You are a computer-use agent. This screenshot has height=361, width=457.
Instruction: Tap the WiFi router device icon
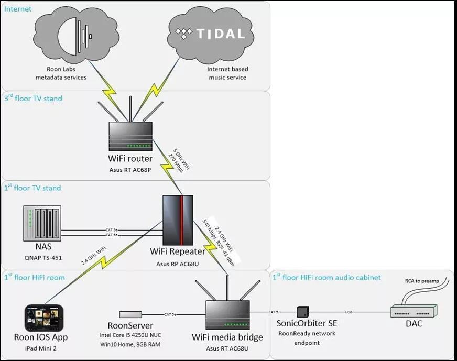pos(130,136)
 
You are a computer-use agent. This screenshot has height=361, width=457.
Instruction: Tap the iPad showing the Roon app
pos(44,318)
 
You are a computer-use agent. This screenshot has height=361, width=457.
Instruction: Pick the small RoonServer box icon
pos(130,314)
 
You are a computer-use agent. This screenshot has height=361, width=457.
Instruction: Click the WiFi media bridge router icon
pos(227,314)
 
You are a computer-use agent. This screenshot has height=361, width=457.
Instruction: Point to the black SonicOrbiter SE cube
pos(302,311)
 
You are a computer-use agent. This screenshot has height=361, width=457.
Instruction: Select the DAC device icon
pos(414,312)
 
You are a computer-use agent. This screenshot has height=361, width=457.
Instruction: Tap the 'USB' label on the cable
pos(349,312)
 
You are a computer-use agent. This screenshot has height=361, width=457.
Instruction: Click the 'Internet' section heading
pos(18,9)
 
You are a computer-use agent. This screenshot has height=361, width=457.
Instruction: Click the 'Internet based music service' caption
pos(227,73)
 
